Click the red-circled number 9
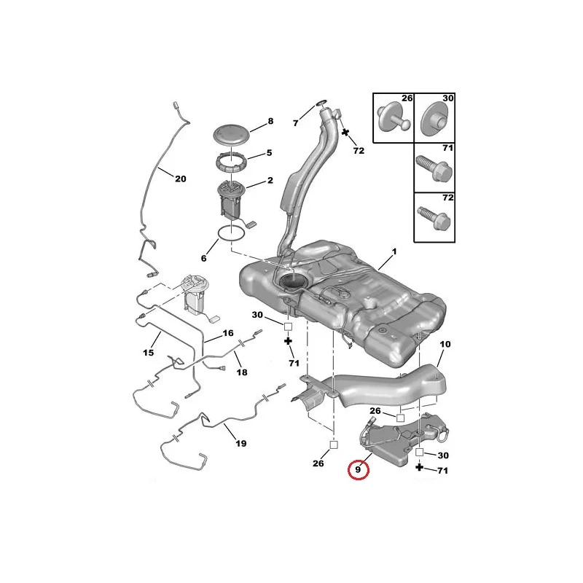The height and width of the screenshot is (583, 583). pos(358,469)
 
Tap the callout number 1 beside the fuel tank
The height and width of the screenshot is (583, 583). pos(394,251)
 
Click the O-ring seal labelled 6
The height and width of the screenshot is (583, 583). pos(231,233)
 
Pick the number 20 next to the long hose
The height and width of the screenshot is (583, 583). pos(181,179)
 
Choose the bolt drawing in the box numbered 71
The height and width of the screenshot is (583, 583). pos(434,170)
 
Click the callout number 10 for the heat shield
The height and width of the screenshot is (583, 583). pos(445,344)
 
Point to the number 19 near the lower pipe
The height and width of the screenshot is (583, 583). pos(240,443)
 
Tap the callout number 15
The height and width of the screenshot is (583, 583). pos(149,353)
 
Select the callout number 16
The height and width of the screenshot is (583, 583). pos(228,333)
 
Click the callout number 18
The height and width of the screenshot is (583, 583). pos(242,372)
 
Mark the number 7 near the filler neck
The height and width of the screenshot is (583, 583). pos(296,122)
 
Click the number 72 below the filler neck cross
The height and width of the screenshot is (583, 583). pos(359,151)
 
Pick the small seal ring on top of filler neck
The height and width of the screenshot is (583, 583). pos(321,102)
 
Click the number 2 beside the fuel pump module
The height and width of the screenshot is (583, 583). pos(270,180)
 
